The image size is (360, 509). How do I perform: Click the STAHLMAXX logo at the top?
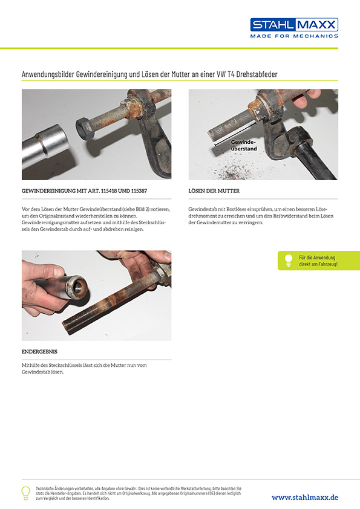294,25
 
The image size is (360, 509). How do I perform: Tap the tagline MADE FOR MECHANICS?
294,36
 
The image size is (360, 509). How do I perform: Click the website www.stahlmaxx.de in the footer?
305,498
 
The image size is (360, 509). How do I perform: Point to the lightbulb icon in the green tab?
289,261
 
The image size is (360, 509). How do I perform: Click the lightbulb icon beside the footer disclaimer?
25,493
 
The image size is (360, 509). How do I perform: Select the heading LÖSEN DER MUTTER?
214,191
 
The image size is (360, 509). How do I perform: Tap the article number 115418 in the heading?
109,191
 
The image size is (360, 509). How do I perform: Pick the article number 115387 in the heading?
139,191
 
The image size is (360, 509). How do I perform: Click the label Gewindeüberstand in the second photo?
244,145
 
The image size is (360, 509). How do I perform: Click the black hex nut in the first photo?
85,128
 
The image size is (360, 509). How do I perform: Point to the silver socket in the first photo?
45,146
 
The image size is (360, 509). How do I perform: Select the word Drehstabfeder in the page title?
257,74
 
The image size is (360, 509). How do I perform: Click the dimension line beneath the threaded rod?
235,133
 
